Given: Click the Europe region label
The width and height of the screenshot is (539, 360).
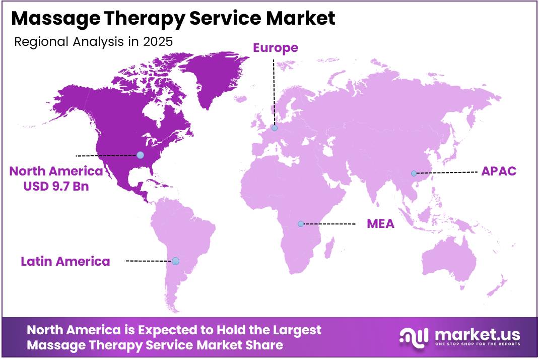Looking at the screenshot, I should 275,48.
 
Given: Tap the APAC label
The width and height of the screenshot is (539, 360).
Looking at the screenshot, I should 499,171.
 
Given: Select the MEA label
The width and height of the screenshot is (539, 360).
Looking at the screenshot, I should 380,223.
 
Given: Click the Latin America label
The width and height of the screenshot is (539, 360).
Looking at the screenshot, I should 65,261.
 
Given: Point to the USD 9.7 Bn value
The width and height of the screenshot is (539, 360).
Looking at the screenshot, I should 56,186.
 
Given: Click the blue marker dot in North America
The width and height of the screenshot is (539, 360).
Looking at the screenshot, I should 140,155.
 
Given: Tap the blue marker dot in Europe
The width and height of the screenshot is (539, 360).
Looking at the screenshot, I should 275,128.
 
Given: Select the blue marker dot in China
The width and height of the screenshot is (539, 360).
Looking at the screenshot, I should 414,173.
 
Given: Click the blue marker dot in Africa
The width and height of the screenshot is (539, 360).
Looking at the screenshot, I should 301,224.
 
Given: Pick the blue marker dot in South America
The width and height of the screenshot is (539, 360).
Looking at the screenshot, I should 175,261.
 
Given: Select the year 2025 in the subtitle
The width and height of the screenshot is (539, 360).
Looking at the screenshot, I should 158,42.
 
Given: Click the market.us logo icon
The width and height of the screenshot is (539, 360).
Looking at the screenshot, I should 414,336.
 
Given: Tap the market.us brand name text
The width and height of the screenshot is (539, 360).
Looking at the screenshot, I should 476,334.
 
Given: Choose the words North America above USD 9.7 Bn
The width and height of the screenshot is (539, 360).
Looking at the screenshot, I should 56,171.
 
